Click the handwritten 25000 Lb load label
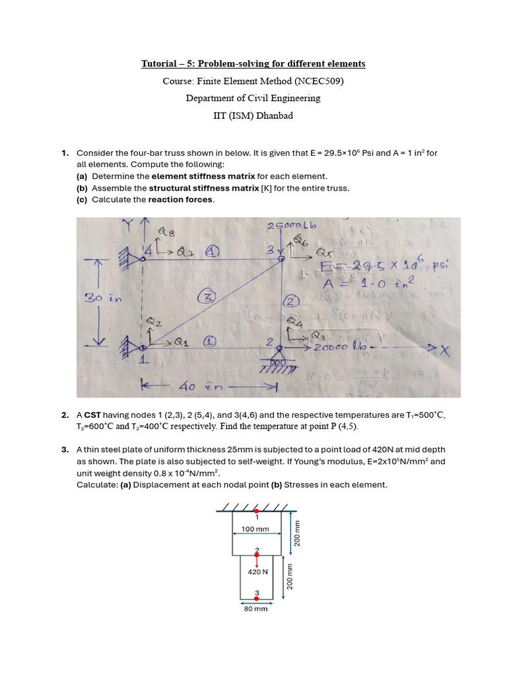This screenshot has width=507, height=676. [x=292, y=226]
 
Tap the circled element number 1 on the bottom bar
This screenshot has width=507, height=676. [x=209, y=342]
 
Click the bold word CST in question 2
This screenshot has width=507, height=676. [x=92, y=415]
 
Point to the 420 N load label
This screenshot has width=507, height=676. [x=257, y=572]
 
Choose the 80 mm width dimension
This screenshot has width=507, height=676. [x=255, y=609]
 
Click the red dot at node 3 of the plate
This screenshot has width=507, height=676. [x=257, y=598]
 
